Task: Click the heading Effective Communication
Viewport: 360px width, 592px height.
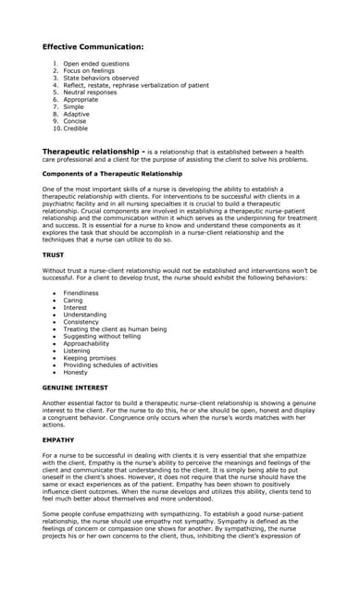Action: [93, 45]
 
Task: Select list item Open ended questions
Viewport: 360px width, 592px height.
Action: [95, 64]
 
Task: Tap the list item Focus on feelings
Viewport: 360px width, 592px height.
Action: [89, 71]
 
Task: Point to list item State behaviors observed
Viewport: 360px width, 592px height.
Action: [100, 79]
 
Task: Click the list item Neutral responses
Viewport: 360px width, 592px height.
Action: [90, 92]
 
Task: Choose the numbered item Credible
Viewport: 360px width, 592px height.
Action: [75, 129]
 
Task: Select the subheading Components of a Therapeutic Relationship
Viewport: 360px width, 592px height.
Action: [112, 174]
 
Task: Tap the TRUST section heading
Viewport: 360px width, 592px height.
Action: [54, 254]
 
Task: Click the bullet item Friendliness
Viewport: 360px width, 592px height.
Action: [81, 293]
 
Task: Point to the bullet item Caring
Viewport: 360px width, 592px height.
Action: [73, 301]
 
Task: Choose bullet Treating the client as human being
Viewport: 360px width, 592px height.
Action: [115, 329]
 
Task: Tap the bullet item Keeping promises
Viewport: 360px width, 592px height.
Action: [90, 358]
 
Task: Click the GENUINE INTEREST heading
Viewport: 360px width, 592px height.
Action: [75, 388]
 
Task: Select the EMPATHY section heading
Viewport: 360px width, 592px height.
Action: [58, 439]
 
